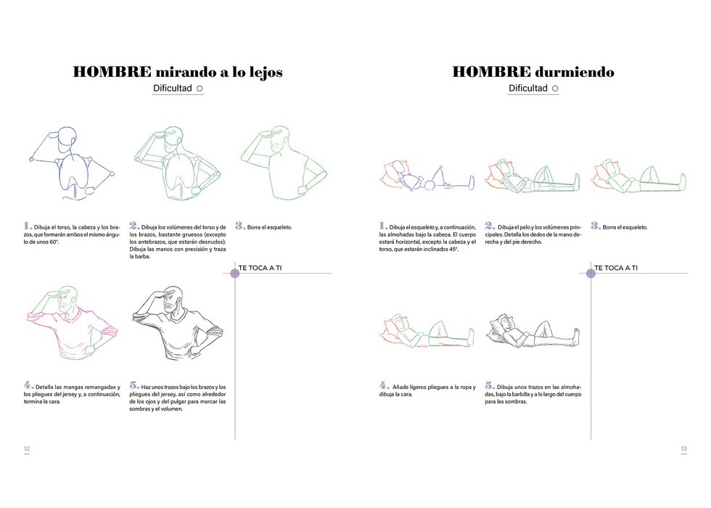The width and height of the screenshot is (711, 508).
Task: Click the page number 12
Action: coord(27,448)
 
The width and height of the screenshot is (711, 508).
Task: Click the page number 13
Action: coord(683,448)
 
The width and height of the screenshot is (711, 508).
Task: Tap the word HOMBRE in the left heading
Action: coord(112,72)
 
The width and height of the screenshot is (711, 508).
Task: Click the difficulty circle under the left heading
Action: coord(200,89)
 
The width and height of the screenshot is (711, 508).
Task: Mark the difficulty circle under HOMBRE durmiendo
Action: coord(555,89)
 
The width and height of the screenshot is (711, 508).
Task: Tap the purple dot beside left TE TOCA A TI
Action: coord(235,273)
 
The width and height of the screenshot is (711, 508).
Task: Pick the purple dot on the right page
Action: coord(591,273)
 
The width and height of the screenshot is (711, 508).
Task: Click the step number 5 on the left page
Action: coord(133,385)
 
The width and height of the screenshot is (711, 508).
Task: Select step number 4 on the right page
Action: coord(384,385)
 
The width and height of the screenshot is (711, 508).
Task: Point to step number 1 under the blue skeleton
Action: coord(28,226)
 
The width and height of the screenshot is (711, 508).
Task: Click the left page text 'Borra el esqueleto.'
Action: coord(269,227)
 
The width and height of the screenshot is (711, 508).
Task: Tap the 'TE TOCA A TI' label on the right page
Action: coord(616,268)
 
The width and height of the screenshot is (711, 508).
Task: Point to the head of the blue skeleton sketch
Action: coord(67,139)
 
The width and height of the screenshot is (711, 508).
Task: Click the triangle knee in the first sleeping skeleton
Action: coord(438,175)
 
